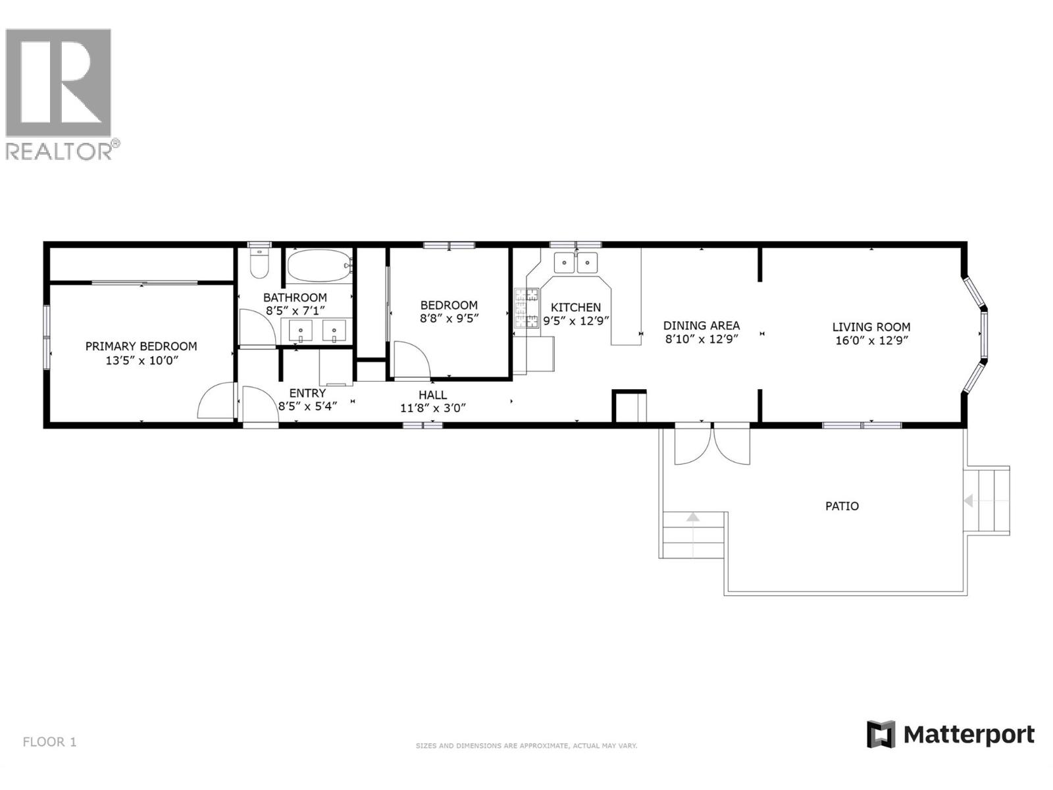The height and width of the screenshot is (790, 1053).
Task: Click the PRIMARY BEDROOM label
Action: [141, 346]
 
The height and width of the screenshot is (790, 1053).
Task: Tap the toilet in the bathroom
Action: [260, 264]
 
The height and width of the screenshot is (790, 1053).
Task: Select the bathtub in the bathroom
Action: [319, 265]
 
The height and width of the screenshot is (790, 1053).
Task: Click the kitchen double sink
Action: [575, 262]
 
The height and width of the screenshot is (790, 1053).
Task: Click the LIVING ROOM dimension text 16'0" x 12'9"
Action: [871, 341]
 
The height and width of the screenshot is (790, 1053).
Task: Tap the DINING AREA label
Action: [701, 325]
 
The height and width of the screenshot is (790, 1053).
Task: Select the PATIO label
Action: [842, 506]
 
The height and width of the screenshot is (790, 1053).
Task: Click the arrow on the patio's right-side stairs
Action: [969, 501]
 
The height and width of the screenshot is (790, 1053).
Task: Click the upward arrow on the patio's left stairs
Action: [692, 517]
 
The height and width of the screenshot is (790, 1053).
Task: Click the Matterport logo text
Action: [968, 735]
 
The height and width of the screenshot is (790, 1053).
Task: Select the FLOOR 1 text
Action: [49, 742]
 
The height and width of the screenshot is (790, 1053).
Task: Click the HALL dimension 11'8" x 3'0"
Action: [432, 408]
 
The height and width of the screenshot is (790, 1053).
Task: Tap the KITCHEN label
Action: [575, 307]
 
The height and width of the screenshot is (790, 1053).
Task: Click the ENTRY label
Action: [307, 394]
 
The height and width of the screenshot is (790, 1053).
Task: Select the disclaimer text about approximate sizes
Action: [526, 746]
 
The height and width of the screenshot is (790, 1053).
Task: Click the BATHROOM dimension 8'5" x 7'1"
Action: [295, 311]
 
